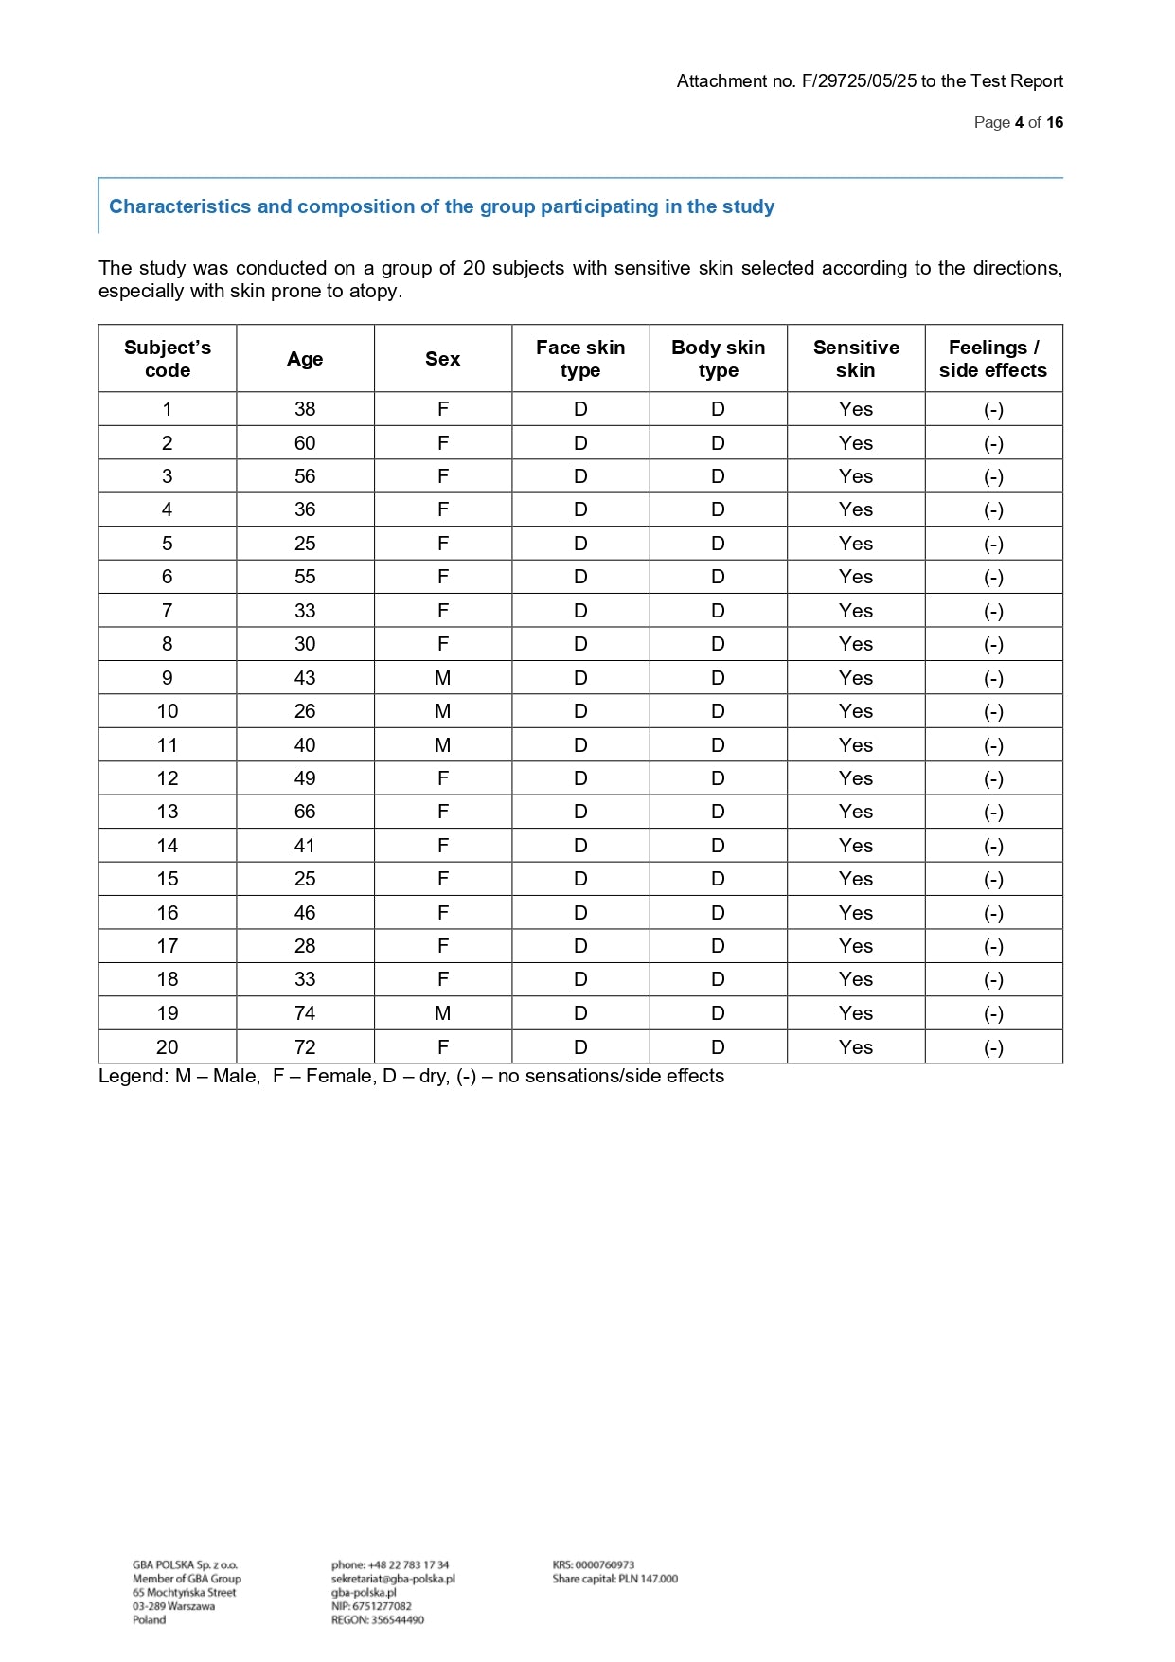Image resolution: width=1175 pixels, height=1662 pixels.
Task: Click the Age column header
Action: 305,359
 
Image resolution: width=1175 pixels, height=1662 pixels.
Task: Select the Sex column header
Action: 442,359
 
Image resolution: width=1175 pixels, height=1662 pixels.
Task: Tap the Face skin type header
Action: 580,359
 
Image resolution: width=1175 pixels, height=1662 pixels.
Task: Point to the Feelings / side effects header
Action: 993,359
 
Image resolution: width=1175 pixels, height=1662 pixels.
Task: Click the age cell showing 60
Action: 305,443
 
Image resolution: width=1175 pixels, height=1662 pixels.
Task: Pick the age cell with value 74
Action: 305,1013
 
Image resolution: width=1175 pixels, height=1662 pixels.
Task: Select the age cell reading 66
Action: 305,812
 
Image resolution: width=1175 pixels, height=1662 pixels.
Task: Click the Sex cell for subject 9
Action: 442,678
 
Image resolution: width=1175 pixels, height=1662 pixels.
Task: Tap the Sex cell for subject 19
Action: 442,1013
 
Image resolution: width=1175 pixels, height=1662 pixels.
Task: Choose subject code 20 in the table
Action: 168,1047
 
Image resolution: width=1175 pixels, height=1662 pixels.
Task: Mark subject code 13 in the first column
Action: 168,812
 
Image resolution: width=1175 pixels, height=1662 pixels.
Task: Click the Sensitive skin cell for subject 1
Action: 856,409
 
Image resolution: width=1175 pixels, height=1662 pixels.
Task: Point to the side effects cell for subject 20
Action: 993,1047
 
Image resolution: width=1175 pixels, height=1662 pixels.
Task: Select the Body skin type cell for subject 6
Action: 718,577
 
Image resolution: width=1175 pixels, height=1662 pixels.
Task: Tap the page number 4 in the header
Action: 1019,123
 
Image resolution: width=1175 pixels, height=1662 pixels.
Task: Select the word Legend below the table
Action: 133,1076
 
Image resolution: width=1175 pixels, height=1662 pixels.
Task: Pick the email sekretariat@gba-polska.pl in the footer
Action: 393,1579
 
